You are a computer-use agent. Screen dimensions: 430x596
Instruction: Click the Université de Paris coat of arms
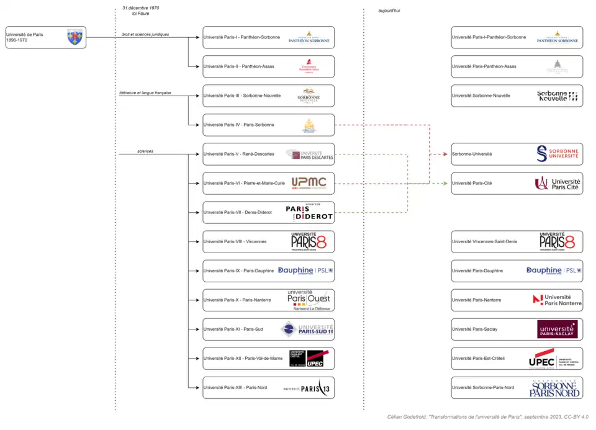click(74, 37)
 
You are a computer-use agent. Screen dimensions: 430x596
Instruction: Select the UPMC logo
click(309, 182)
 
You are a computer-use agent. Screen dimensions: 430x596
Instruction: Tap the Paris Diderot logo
click(309, 212)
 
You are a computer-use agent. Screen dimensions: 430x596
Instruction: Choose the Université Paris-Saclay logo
click(557, 329)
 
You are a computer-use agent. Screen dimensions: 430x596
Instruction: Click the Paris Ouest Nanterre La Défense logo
click(309, 300)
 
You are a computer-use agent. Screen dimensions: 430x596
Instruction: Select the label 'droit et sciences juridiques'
click(145, 34)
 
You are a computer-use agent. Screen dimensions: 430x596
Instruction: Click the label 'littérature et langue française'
click(145, 92)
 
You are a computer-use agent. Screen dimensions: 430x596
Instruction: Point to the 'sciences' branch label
click(145, 151)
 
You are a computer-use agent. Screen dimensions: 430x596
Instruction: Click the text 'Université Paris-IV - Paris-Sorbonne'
click(238, 125)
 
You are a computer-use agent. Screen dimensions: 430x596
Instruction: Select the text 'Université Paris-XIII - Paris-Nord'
click(235, 387)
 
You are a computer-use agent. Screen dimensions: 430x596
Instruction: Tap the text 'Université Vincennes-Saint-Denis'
click(484, 241)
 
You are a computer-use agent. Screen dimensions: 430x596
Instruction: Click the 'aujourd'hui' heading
click(389, 11)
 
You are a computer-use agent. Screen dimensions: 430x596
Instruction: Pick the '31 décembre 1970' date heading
click(141, 7)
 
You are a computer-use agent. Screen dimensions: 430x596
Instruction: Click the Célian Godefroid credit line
click(487, 417)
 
